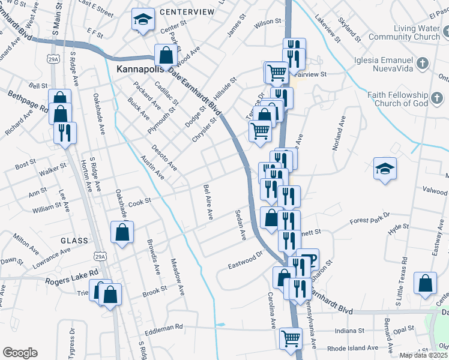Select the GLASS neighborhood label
coord(74,241)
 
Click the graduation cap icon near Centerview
coord(143,21)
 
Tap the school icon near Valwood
coord(385,169)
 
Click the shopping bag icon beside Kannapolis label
coord(166,55)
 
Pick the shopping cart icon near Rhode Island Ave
coord(291,338)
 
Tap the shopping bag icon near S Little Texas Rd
coord(425,284)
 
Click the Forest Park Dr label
coord(369,219)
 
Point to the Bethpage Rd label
coord(28,102)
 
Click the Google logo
coord(20,353)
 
